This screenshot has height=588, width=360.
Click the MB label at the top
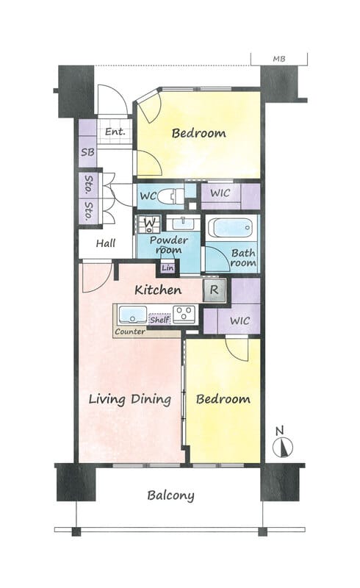[279, 59]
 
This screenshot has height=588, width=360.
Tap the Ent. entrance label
[115, 132]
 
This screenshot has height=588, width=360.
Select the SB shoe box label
[87, 152]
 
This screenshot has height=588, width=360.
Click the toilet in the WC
[170, 196]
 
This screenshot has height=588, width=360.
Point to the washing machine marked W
[149, 223]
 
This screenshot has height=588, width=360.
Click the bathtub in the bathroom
[230, 228]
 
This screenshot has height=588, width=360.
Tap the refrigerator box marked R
[214, 290]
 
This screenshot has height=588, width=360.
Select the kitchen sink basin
[132, 315]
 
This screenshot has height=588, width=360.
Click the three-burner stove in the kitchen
[184, 315]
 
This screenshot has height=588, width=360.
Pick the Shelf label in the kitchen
[159, 320]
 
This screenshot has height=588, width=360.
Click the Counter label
[130, 332]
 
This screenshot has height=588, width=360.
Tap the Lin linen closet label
[168, 268]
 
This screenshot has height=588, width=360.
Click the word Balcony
[170, 495]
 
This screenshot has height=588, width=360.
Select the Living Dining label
[130, 399]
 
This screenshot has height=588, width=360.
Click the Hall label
[105, 243]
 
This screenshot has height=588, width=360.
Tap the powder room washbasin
[181, 224]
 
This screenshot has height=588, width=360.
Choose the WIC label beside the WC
[220, 193]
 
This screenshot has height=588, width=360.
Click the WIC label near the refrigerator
[240, 321]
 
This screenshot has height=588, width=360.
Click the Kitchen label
[158, 290]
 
